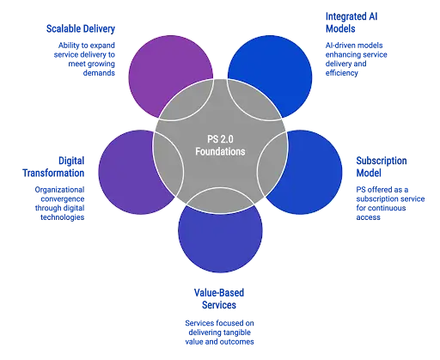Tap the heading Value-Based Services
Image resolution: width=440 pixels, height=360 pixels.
point(219,298)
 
